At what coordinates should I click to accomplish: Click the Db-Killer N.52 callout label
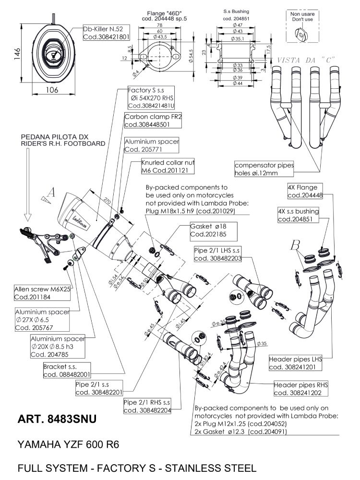tap(107, 33)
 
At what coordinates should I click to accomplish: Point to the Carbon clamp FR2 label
tap(146, 120)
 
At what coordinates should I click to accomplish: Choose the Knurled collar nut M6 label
tap(163, 167)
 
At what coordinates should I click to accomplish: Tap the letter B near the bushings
tap(295, 245)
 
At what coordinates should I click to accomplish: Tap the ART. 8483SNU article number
tap(57, 419)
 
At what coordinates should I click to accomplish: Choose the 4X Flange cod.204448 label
tap(305, 191)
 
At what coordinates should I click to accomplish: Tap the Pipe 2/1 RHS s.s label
tap(146, 406)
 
